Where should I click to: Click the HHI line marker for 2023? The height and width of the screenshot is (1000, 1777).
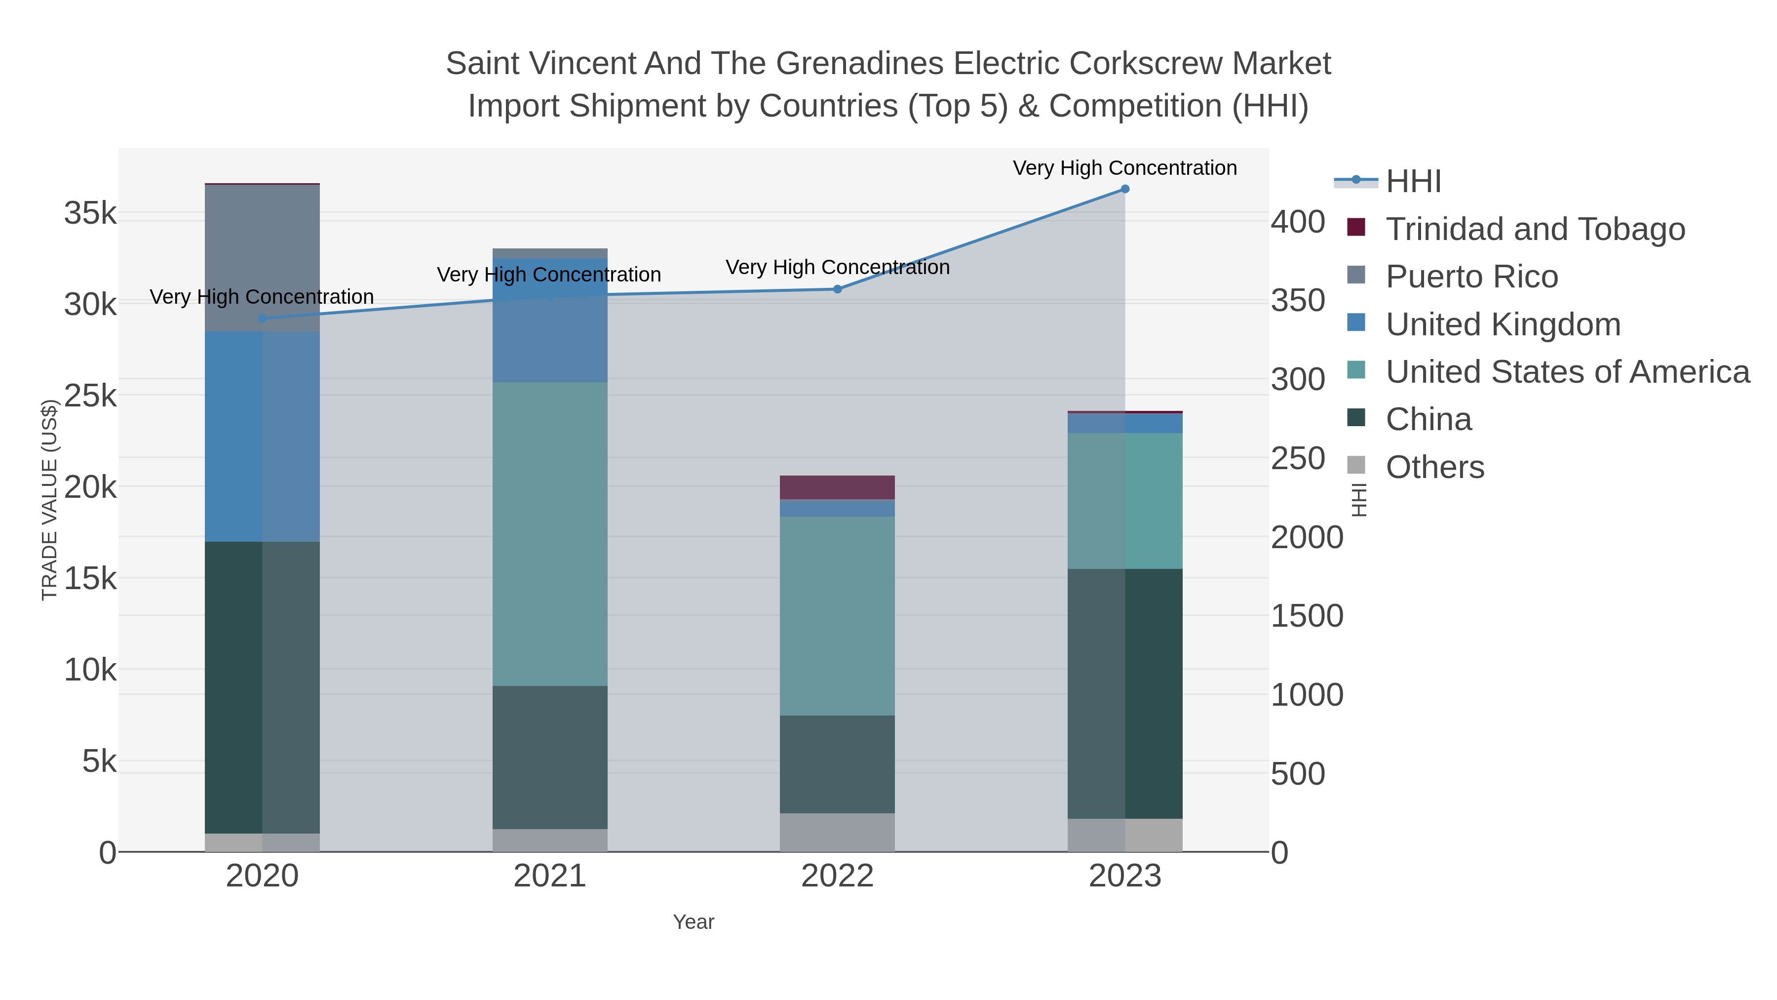[x=1124, y=189]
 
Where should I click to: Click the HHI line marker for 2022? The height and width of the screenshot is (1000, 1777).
[x=838, y=289]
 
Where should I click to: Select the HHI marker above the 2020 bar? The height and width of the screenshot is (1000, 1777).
[x=262, y=318]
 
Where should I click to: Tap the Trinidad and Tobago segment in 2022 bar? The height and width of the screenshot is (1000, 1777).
[x=838, y=487]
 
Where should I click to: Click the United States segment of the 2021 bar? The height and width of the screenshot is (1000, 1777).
[x=550, y=533]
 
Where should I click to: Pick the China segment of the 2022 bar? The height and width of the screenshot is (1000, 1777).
[x=838, y=764]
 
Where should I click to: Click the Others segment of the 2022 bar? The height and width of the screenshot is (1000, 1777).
[x=838, y=832]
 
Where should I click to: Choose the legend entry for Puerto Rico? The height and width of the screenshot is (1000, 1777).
[x=1471, y=277]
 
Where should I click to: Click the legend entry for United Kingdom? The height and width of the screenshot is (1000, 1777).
[x=1503, y=324]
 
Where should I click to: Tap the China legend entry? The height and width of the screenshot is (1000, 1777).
[x=1428, y=420]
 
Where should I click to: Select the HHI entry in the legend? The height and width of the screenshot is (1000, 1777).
[x=1413, y=182]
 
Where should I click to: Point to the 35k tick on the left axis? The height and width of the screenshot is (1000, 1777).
[x=90, y=213]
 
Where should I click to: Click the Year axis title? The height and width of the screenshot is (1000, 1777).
[x=694, y=922]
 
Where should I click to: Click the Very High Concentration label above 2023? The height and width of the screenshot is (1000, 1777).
[x=1124, y=168]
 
